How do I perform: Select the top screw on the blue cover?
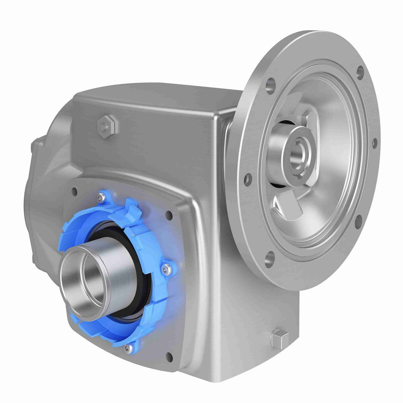pos(100,198)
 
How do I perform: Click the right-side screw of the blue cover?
pos(166,268)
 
